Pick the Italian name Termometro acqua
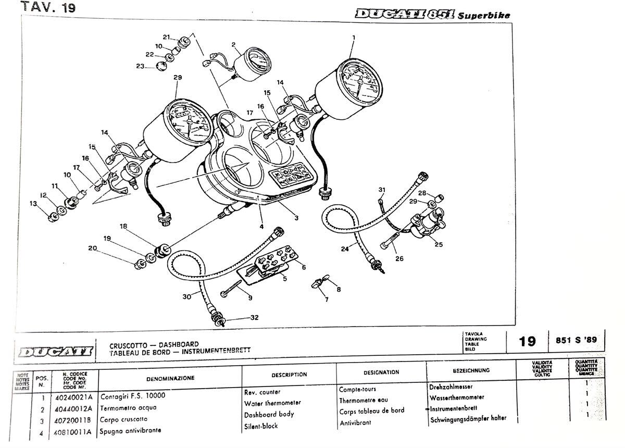tap(128, 408)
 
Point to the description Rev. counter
tap(262, 392)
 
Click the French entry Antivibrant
tap(356, 422)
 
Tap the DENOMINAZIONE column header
tap(170, 378)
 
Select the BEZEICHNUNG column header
tap(471, 371)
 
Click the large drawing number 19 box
tap(527, 341)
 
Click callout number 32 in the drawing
tap(254, 317)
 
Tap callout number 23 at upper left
tap(140, 66)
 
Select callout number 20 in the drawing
tap(92, 248)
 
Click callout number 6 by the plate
tap(303, 267)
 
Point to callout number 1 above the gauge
tap(354, 38)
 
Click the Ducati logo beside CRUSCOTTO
tap(55, 350)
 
